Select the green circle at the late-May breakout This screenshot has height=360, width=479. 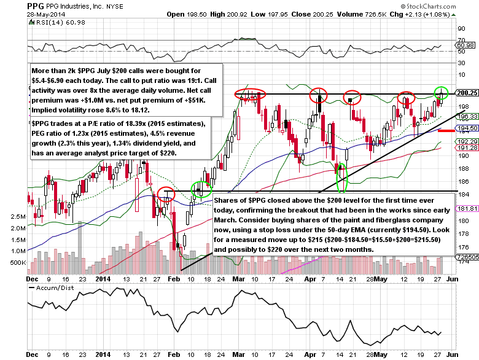[442, 93]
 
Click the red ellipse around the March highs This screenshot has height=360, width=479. [250, 94]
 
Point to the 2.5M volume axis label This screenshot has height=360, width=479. [36, 217]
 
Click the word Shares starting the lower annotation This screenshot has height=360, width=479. [228, 200]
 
